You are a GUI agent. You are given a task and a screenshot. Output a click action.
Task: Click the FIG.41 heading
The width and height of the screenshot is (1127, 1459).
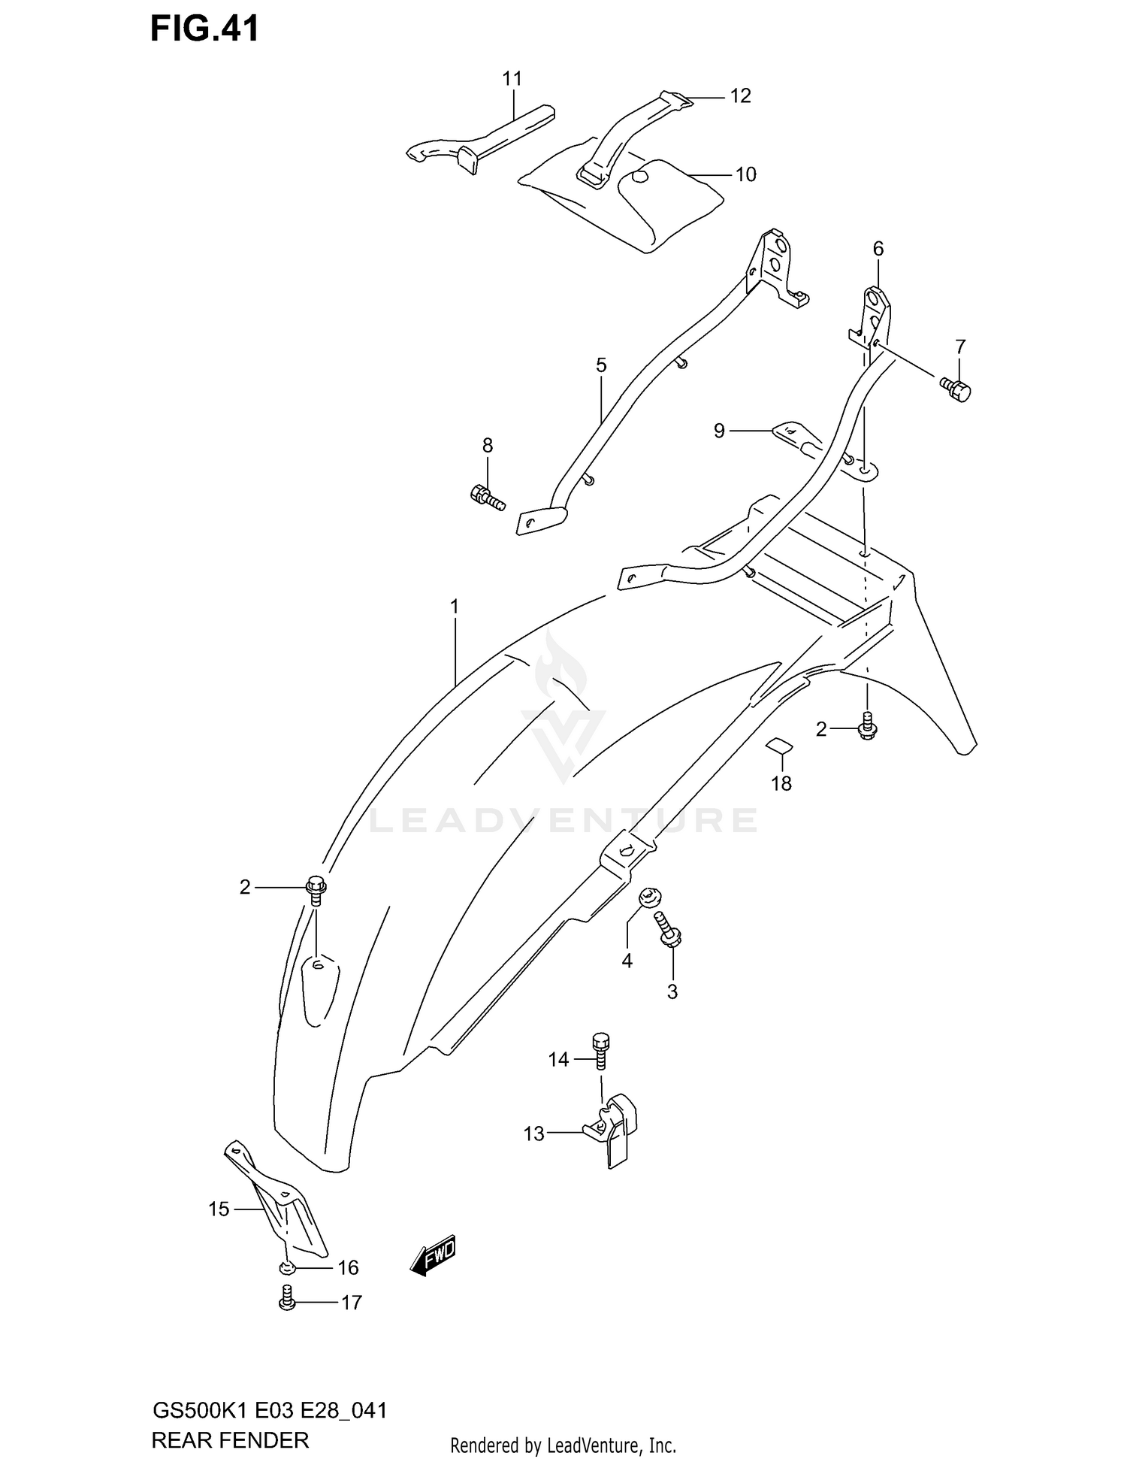point(204,29)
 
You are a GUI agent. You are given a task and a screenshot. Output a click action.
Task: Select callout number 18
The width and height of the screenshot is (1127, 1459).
point(781,783)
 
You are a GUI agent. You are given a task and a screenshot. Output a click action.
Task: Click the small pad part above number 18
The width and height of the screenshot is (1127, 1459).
point(779,745)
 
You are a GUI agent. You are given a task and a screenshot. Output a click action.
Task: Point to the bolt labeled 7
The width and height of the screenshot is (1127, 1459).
point(956,389)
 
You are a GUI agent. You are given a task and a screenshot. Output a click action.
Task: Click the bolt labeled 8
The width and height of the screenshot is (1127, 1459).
point(487,497)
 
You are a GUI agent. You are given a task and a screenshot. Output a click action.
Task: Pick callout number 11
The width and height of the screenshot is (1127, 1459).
point(512,78)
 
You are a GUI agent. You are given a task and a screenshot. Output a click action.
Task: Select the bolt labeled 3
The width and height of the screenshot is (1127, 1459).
point(667,930)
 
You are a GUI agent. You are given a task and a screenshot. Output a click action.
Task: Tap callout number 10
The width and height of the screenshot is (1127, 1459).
point(745,174)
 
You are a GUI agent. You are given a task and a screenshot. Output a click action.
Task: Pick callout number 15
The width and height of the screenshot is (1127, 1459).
point(219,1209)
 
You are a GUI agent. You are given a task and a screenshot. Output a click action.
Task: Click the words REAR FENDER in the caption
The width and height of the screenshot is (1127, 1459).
point(230,1419)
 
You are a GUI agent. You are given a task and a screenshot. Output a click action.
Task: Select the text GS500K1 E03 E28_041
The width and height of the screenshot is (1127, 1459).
point(270,1390)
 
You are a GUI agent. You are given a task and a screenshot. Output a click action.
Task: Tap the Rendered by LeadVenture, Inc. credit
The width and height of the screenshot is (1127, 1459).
point(563,1424)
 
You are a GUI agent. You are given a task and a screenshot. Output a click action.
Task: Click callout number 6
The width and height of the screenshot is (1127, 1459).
point(878,248)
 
